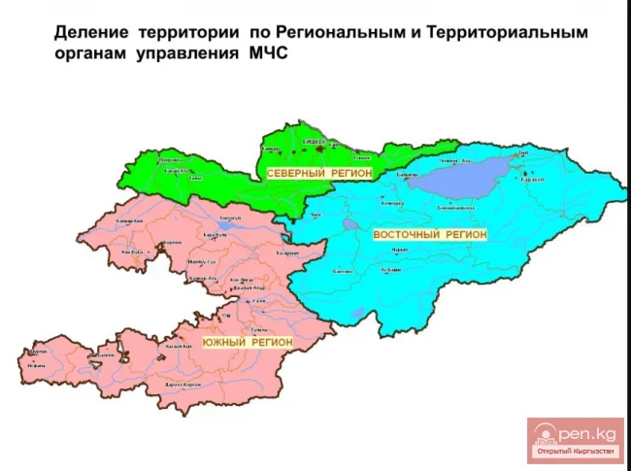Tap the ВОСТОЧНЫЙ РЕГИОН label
click(428, 235)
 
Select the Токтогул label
click(229, 219)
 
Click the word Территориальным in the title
click(509, 33)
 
